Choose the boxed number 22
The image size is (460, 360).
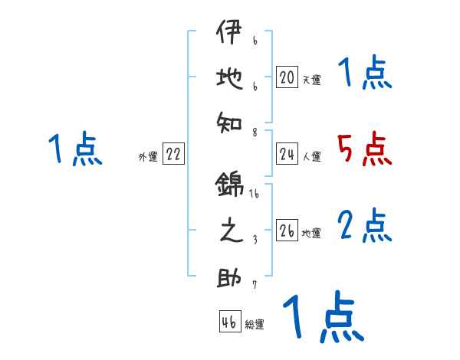173,155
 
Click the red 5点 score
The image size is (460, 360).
365,149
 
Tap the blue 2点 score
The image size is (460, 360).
365,226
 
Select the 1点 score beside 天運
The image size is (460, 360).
365,74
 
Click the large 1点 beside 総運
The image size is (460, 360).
323,317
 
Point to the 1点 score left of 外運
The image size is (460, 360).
74,149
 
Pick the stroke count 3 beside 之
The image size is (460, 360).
255,239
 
